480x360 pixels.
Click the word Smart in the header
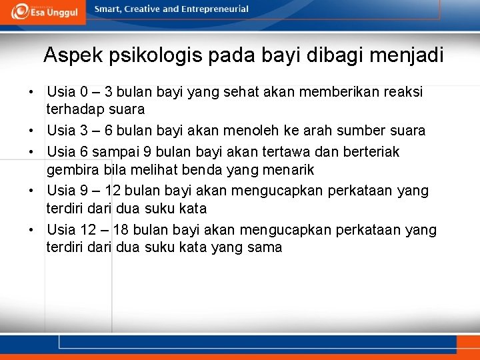(x=108, y=9)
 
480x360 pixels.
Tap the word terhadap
(x=73, y=109)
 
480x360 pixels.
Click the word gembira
(x=73, y=169)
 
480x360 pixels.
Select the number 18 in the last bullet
(x=121, y=231)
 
